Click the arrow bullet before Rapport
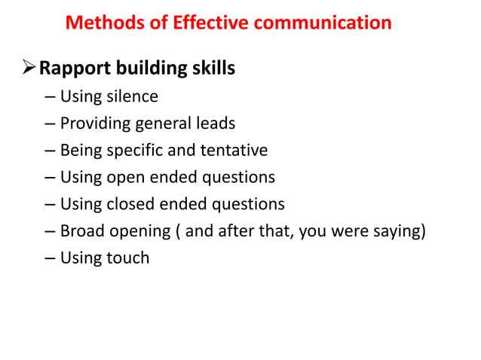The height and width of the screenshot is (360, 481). click(27, 69)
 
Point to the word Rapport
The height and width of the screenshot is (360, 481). click(75, 69)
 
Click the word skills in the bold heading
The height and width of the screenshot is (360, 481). click(211, 69)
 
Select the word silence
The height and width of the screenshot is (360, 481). click(134, 97)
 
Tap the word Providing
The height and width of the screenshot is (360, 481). click(95, 124)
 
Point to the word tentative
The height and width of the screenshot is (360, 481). click(234, 151)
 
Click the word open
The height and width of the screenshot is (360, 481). click(126, 178)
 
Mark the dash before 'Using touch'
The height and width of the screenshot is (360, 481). click(50, 258)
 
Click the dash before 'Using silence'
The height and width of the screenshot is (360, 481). click(50, 97)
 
